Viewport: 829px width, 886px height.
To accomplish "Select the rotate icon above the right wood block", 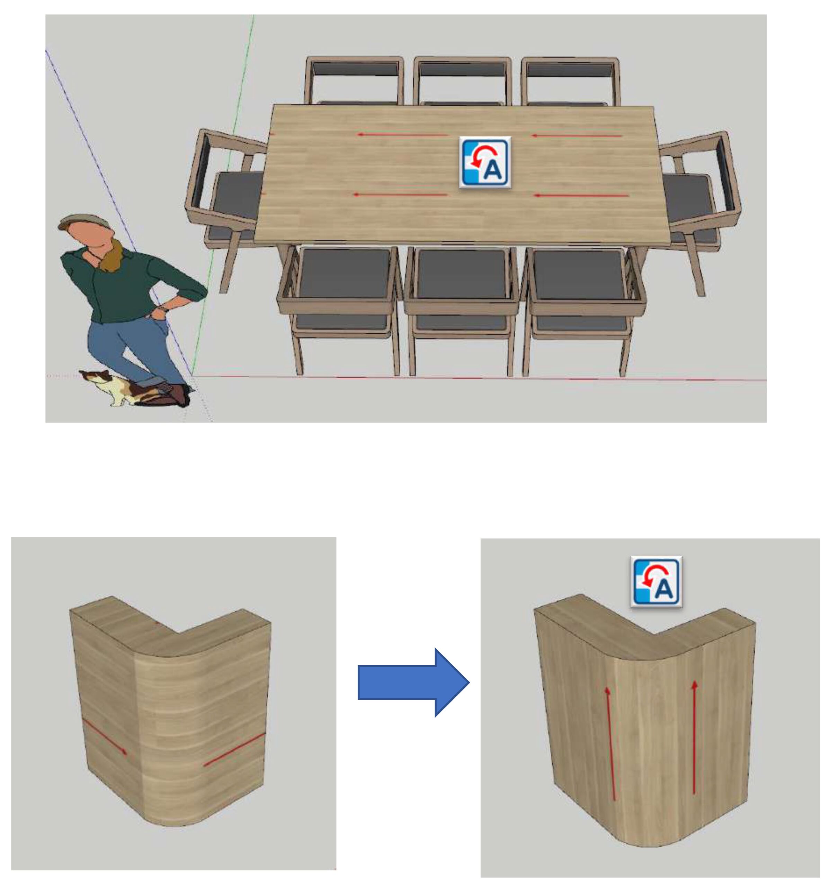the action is click(x=656, y=581).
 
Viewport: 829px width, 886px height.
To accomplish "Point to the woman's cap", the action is click(x=82, y=222).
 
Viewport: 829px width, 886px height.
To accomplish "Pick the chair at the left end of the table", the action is click(x=225, y=200).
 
